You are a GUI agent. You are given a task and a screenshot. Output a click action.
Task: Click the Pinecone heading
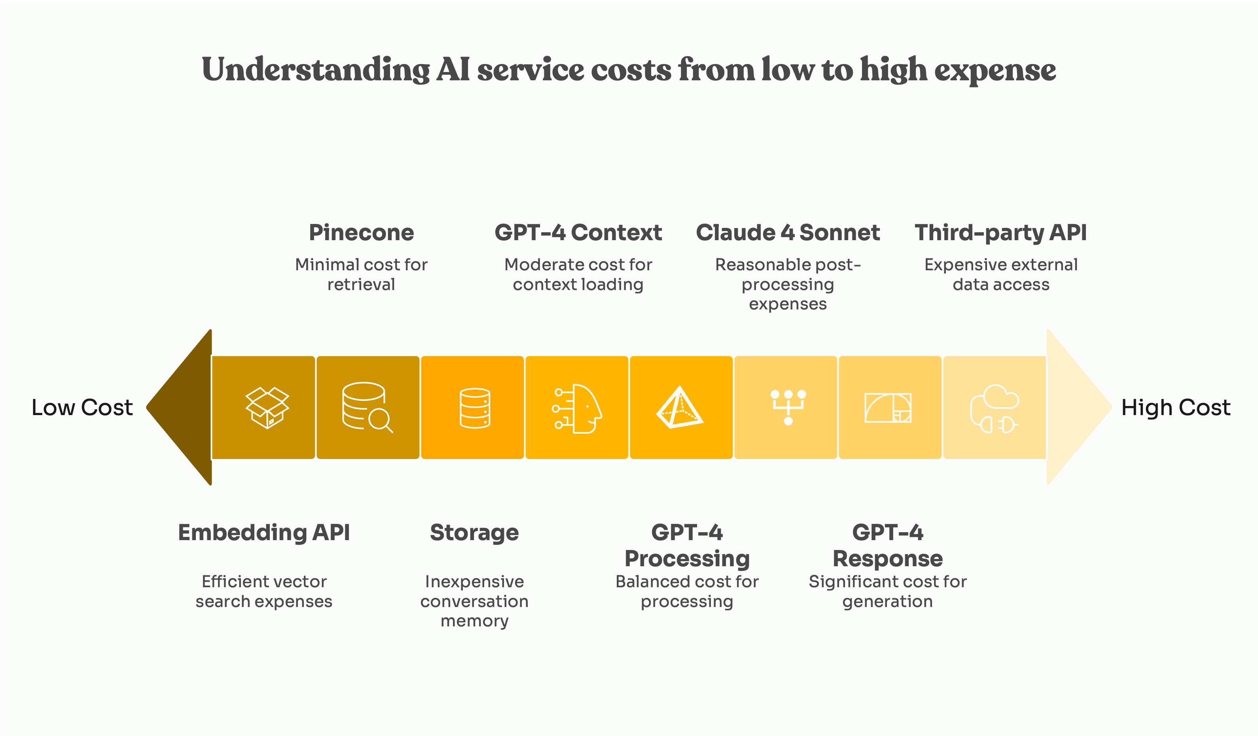click(x=361, y=233)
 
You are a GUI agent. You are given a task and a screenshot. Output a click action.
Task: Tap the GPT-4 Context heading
click(x=578, y=233)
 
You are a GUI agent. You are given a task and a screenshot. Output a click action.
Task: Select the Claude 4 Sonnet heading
click(x=787, y=233)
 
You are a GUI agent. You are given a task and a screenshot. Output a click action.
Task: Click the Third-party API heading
click(x=1000, y=233)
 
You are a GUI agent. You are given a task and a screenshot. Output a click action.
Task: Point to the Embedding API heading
click(x=263, y=532)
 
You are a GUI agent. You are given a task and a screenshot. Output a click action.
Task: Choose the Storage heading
click(x=474, y=532)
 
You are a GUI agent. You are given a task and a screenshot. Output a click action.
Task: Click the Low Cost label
click(x=82, y=408)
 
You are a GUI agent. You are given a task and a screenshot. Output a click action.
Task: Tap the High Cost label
click(x=1175, y=408)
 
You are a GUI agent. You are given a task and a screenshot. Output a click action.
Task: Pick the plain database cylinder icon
click(x=475, y=408)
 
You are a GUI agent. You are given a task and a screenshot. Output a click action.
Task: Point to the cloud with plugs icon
click(x=994, y=408)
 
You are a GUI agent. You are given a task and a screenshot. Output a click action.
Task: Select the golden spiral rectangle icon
click(x=888, y=408)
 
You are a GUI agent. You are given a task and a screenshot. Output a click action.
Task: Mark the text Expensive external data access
click(x=1000, y=274)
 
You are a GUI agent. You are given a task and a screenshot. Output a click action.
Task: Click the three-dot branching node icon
click(x=788, y=406)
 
